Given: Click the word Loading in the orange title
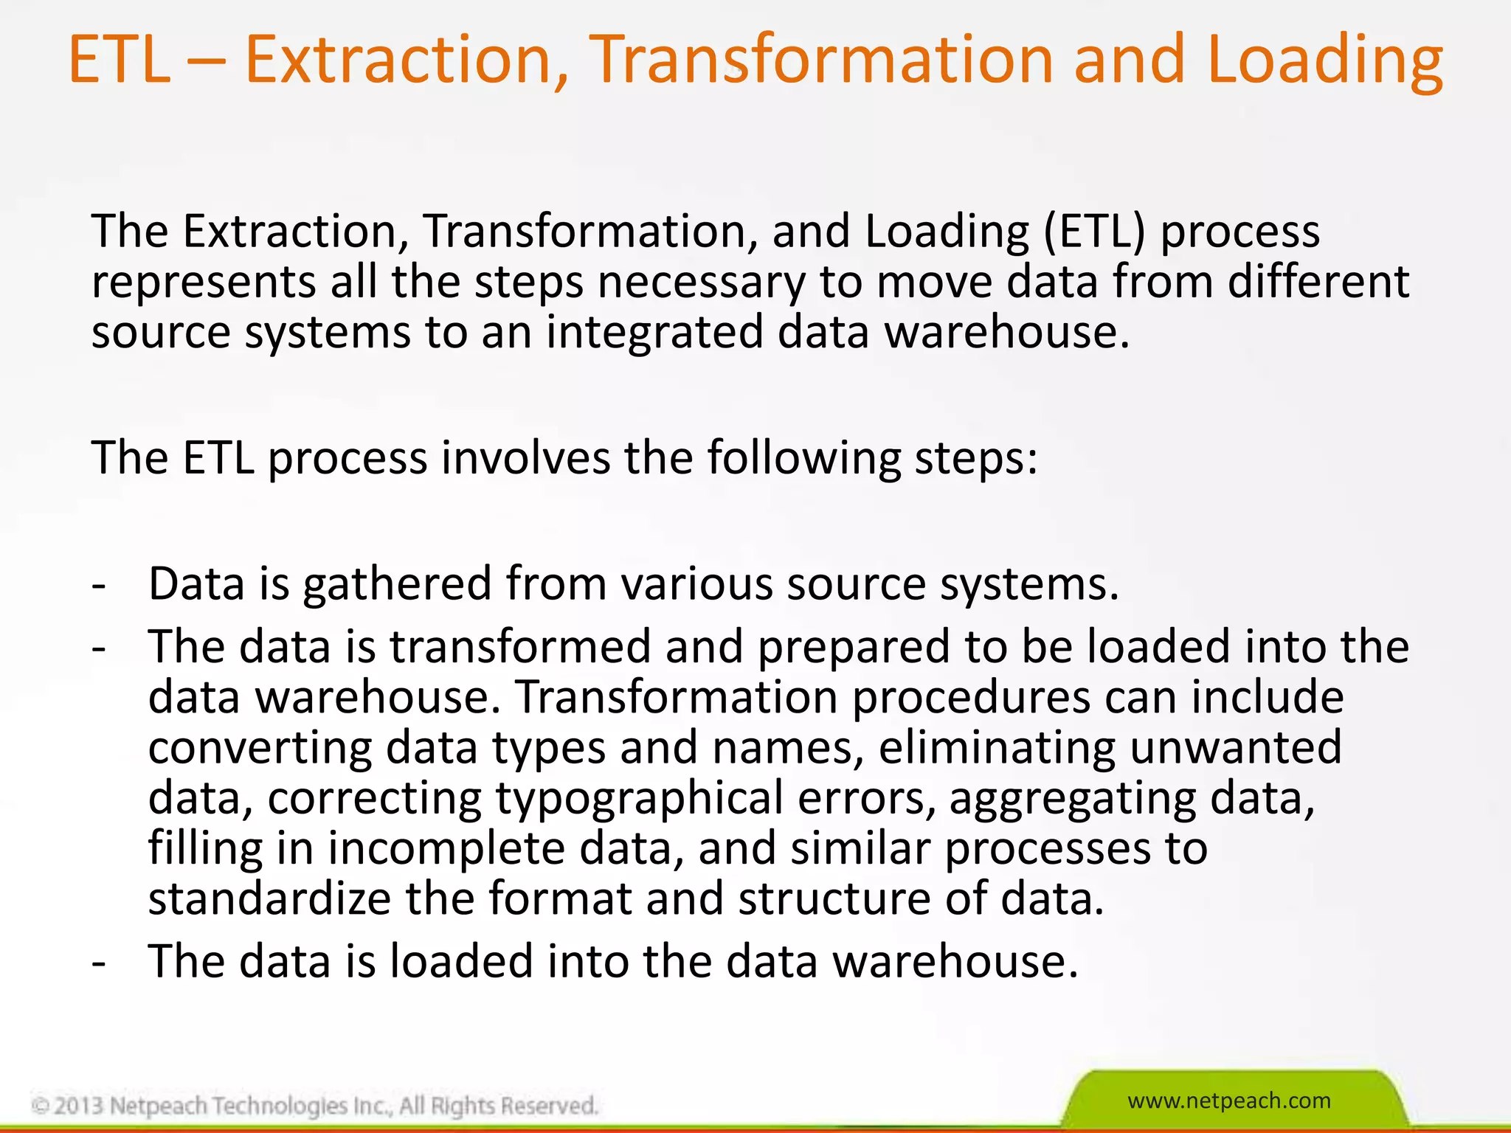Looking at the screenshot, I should [x=1324, y=60].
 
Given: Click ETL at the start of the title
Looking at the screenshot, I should [x=120, y=60].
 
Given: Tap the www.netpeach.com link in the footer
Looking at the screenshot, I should [x=1229, y=1101].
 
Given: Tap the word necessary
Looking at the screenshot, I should [x=701, y=283].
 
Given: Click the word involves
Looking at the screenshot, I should [x=525, y=458].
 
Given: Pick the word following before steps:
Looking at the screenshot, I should [x=804, y=458].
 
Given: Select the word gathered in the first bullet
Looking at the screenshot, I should [x=397, y=584].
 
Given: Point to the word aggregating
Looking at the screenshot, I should [x=1072, y=800].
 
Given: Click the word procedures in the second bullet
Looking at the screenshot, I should [x=971, y=698].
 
